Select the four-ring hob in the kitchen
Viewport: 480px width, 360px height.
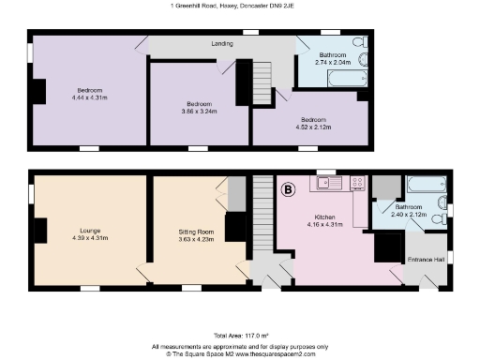pos(356,184)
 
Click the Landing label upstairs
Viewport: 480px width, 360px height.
pos(221,43)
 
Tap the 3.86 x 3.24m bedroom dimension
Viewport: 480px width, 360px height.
pos(199,111)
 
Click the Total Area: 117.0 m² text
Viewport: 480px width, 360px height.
pos(241,335)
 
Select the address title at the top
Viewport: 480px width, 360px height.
pos(240,6)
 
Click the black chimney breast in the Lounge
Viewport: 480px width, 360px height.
pos(40,232)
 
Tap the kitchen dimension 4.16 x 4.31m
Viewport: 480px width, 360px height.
pos(326,224)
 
